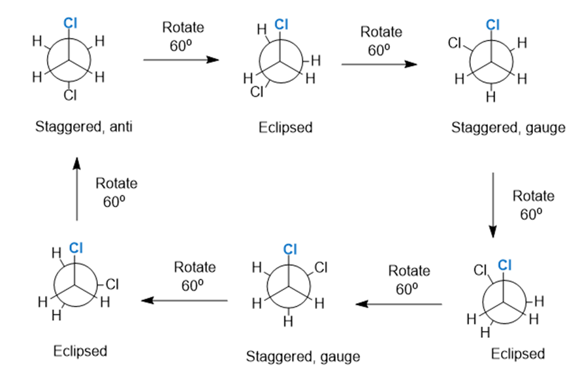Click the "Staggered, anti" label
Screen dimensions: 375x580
tap(84, 126)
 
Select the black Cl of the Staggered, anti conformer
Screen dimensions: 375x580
tap(70, 96)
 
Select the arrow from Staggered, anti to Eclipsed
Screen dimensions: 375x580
tap(180, 59)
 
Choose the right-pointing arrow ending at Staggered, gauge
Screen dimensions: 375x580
tap(379, 64)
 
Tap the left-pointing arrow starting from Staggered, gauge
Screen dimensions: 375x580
tap(184, 301)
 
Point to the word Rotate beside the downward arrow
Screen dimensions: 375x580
tap(533, 195)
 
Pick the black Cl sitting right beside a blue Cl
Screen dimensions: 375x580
tap(481, 269)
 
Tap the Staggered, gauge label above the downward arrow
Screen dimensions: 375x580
tap(507, 127)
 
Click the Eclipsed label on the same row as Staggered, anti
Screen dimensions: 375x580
tap(285, 127)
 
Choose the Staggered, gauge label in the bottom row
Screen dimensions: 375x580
tap(302, 356)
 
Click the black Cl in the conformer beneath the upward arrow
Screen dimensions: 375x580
tap(112, 284)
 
